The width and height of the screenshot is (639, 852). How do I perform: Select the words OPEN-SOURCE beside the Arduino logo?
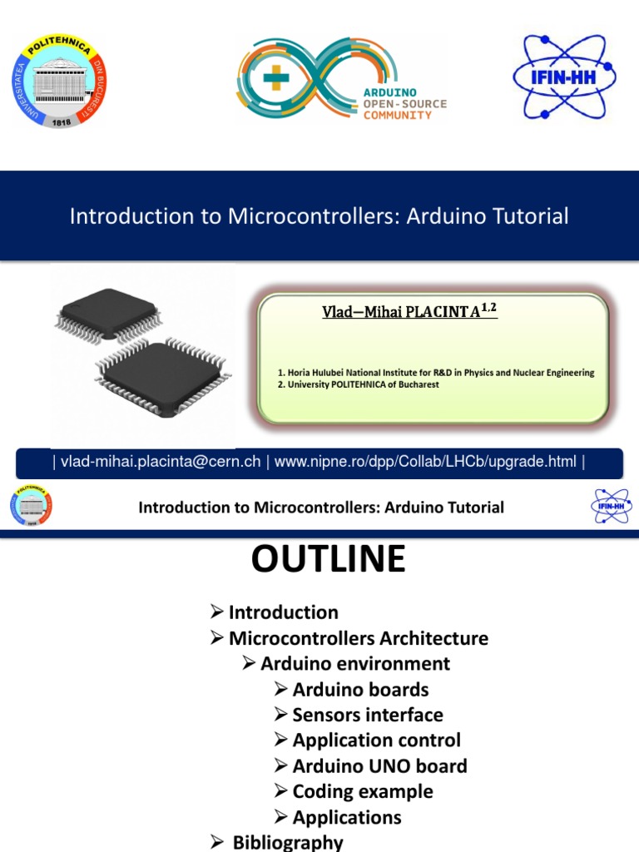pyautogui.click(x=405, y=103)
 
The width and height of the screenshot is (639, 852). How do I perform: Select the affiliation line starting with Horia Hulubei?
pyautogui.click(x=436, y=373)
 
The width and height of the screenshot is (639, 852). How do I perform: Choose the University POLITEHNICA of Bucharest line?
pyautogui.click(x=359, y=385)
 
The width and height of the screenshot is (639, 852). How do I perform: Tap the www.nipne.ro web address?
pyautogui.click(x=425, y=462)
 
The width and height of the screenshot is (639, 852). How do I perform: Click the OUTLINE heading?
pyautogui.click(x=328, y=560)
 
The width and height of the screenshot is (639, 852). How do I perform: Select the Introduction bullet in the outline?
pyautogui.click(x=283, y=612)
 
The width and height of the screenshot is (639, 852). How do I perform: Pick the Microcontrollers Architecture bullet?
pyautogui.click(x=358, y=638)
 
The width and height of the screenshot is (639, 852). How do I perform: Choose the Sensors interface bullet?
pyautogui.click(x=367, y=715)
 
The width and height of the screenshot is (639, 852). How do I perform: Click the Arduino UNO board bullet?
pyautogui.click(x=379, y=765)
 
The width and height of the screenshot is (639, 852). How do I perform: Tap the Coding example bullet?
pyautogui.click(x=362, y=791)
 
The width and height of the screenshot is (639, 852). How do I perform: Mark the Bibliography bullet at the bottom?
pyautogui.click(x=287, y=842)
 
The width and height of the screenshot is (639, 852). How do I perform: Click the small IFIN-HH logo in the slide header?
pyautogui.click(x=611, y=507)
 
